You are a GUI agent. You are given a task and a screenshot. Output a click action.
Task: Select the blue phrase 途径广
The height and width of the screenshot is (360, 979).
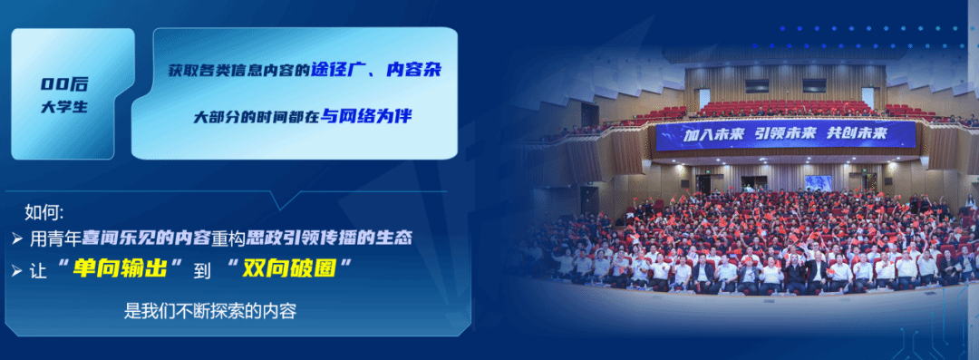[x=338, y=70]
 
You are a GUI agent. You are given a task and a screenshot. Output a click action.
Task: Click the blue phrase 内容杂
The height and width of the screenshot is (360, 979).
[x=413, y=70]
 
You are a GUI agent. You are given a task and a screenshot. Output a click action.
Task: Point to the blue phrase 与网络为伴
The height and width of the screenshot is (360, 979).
[x=366, y=116]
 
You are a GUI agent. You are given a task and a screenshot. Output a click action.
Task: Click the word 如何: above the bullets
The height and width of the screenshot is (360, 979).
[x=44, y=212]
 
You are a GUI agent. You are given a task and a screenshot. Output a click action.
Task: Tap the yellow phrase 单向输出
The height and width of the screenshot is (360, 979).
[x=120, y=268]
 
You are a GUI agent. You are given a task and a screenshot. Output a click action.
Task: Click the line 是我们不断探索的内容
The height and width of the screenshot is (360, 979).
[x=209, y=311]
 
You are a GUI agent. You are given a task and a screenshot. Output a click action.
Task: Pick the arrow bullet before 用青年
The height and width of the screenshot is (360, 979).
[x=17, y=238]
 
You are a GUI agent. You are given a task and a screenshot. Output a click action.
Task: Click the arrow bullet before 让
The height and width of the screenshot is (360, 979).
[x=17, y=270]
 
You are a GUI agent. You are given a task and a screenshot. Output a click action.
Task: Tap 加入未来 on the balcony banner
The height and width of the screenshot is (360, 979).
[x=713, y=133]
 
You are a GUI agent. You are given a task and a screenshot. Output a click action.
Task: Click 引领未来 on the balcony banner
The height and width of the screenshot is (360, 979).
[x=785, y=133]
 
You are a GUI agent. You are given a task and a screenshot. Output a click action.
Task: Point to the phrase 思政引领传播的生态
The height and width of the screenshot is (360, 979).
[x=329, y=238]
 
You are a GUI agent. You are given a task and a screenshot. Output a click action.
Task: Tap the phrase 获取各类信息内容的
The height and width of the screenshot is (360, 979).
[x=239, y=71]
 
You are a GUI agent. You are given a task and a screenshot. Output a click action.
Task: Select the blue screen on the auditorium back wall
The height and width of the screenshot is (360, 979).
[x=818, y=182]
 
